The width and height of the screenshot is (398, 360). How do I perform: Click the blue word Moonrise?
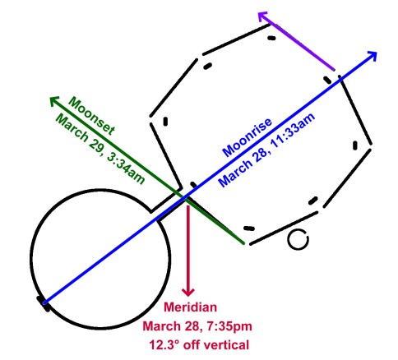[248, 137]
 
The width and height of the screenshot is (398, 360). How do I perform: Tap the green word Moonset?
[91, 116]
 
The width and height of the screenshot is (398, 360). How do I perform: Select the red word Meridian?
[190, 307]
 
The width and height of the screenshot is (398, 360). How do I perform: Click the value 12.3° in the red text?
[164, 344]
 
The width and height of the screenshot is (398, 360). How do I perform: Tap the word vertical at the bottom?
[229, 344]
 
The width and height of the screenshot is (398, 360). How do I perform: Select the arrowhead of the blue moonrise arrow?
[373, 55]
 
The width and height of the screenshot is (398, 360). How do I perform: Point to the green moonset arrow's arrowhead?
[53, 100]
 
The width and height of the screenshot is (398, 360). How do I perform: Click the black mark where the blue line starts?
[44, 304]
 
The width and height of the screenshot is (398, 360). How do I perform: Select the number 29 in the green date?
[95, 142]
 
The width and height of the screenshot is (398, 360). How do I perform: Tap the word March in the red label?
[161, 326]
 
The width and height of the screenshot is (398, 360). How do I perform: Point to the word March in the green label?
[72, 126]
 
